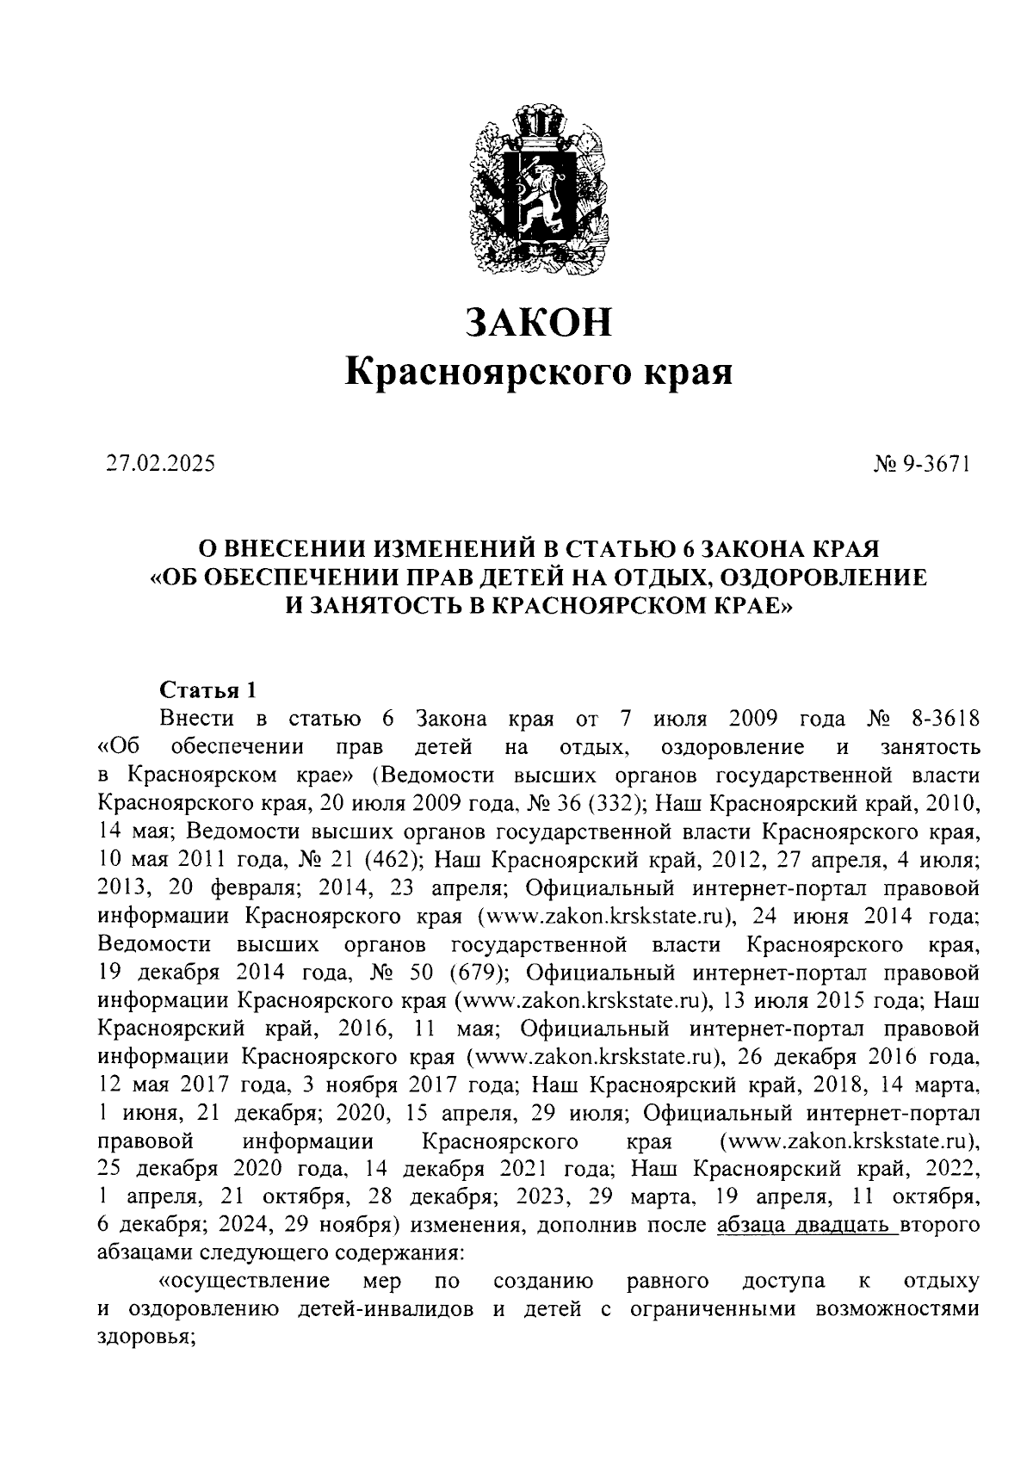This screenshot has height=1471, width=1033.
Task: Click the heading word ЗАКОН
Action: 539,322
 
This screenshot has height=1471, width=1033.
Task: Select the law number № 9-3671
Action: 922,465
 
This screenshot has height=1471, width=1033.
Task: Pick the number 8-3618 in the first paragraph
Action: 944,718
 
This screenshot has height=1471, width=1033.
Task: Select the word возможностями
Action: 899,1310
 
